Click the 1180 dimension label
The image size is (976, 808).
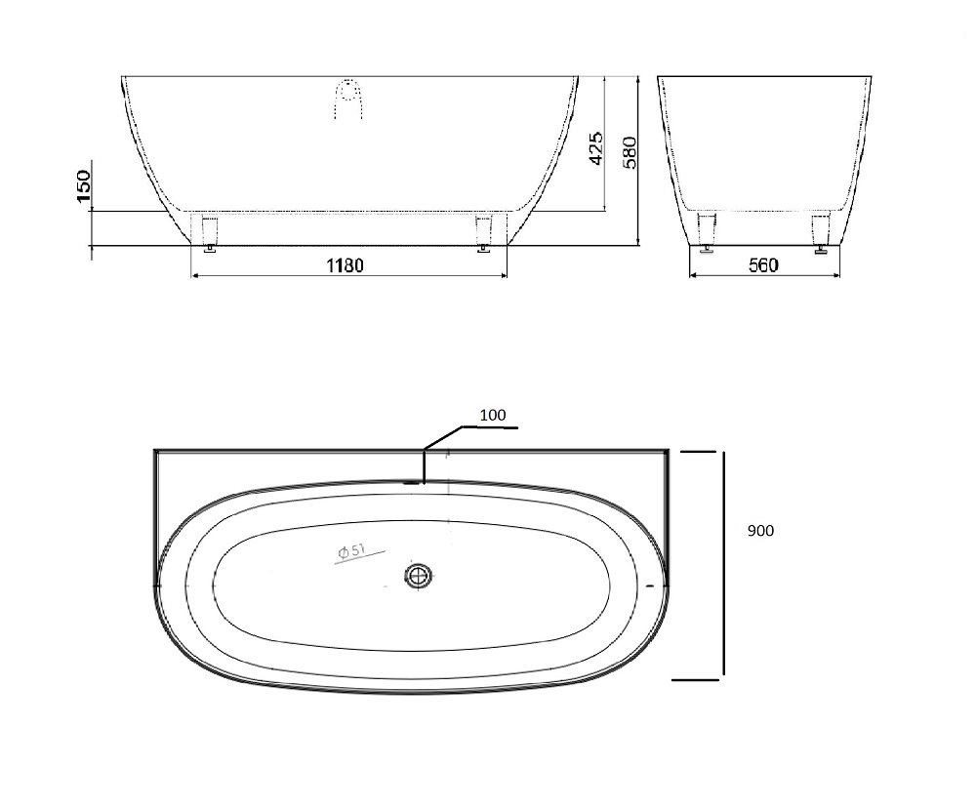point(345,265)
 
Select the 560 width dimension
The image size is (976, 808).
point(763,265)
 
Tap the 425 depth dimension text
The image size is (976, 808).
point(595,148)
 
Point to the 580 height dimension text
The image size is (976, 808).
point(630,152)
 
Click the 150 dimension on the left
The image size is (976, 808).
point(83,186)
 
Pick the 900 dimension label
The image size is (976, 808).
point(760,531)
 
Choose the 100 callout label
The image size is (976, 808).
point(492,415)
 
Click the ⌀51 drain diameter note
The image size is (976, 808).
point(351,551)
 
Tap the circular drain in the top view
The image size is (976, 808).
point(419,576)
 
